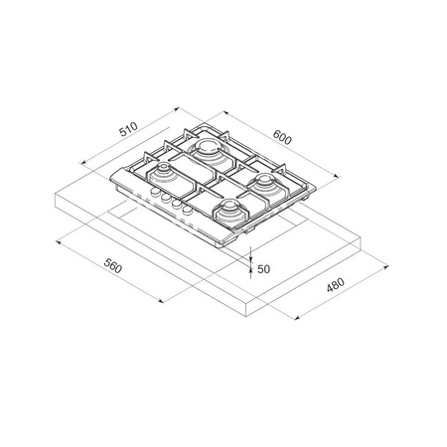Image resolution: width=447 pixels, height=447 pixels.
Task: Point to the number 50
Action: coord(263,268)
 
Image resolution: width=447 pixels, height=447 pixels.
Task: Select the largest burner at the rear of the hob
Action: coord(210,152)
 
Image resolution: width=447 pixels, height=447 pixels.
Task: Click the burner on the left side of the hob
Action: coord(161,178)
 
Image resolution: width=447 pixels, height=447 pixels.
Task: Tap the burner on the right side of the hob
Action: coord(268,183)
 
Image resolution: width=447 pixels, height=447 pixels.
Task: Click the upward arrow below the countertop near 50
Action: coord(249,275)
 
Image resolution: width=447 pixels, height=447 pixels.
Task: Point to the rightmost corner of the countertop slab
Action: coord(360,239)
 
